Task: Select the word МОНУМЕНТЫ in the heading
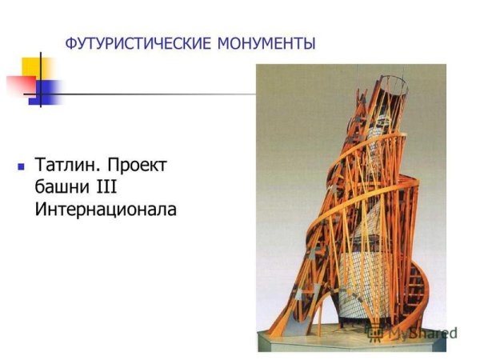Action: click(266, 42)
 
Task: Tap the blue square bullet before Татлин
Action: click(22, 168)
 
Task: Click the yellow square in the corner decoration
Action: click(35, 67)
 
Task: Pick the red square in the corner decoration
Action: click(18, 85)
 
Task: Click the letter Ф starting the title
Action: click(70, 42)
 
